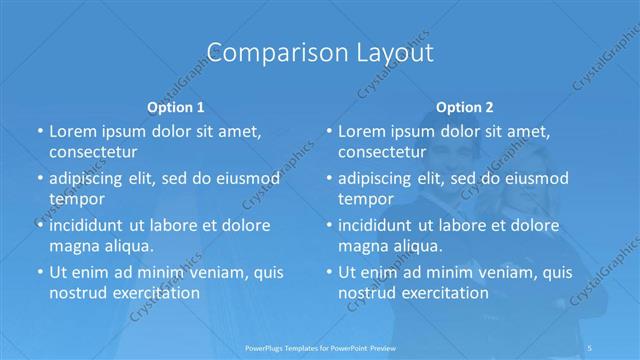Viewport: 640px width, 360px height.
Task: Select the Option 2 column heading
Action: coord(465,106)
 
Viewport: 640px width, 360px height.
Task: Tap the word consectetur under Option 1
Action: coord(93,153)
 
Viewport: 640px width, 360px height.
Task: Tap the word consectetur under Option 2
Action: coord(382,153)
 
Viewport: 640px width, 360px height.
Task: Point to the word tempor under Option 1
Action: coord(77,199)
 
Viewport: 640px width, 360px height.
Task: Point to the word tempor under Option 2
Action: coord(366,199)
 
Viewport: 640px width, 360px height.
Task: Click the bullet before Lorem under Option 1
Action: coord(39,132)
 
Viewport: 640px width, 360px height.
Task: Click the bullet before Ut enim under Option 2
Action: coord(328,272)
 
